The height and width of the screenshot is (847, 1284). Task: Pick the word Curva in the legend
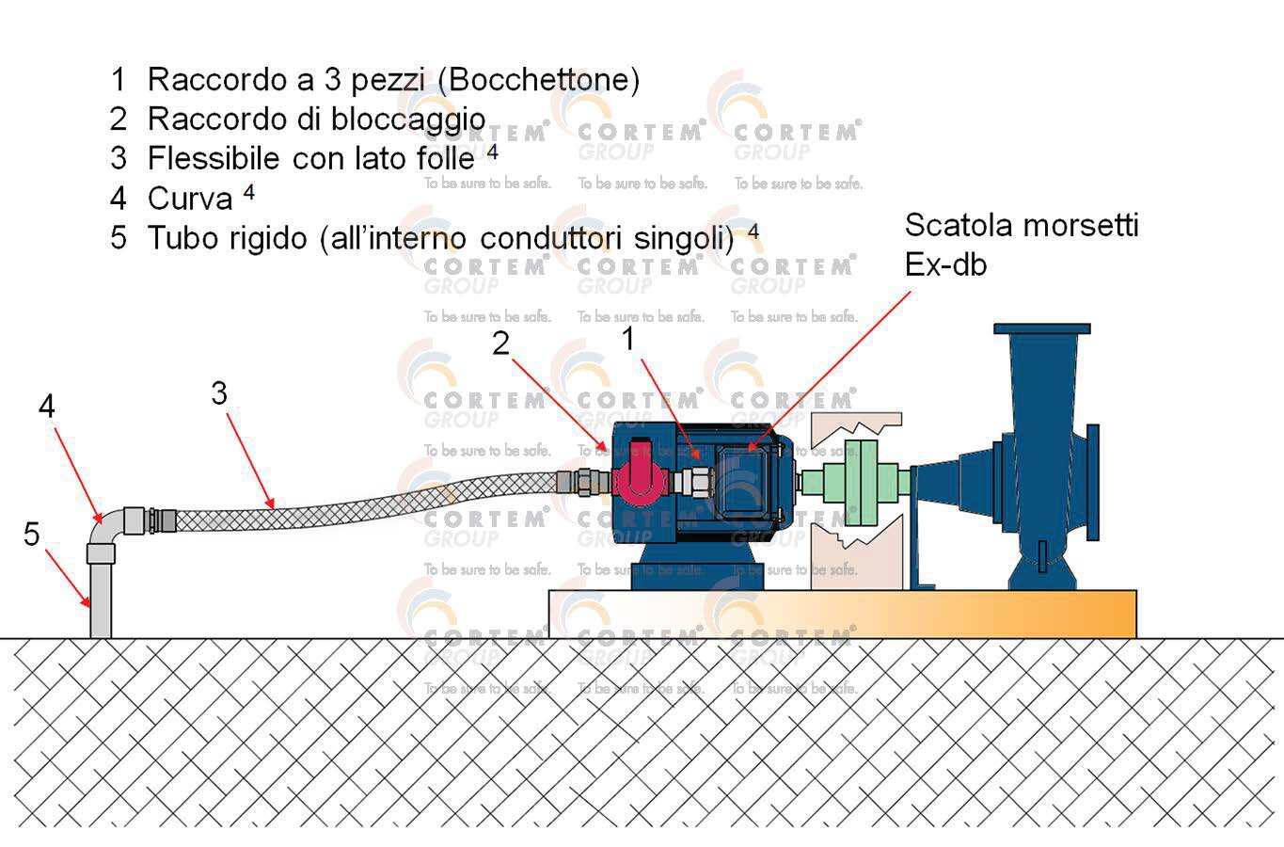point(190,200)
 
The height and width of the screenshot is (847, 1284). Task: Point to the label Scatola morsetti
point(1021,226)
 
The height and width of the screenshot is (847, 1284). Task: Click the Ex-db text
point(945,265)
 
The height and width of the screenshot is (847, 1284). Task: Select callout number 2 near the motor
point(500,344)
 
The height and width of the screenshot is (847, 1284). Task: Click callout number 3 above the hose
point(219,393)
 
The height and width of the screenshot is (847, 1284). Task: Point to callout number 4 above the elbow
point(47,407)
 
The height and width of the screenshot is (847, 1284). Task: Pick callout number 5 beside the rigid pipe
point(32,535)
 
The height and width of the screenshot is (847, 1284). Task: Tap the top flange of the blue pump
point(1042,329)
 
